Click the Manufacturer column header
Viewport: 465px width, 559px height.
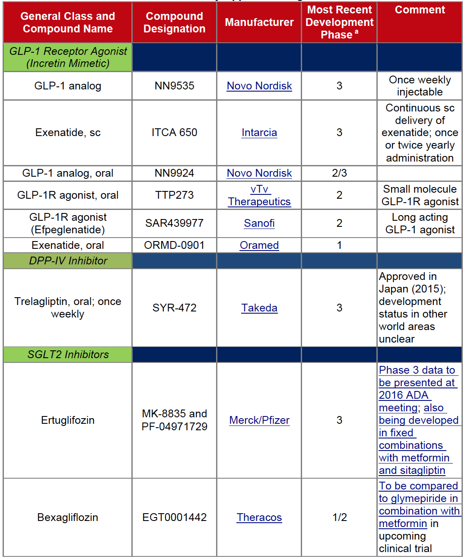tap(259, 22)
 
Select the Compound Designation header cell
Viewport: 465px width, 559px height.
tap(175, 22)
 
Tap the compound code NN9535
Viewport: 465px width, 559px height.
tap(175, 86)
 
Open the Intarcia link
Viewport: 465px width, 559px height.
tap(259, 133)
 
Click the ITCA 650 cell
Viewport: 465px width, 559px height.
tap(175, 133)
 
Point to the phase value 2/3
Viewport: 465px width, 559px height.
tap(339, 173)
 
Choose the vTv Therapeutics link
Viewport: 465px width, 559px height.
tap(259, 195)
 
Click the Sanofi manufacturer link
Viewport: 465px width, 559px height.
tap(259, 223)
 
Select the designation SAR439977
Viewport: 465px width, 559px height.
tap(175, 223)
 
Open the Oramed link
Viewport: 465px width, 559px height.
tap(259, 245)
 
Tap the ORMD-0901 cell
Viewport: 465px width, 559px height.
tap(175, 245)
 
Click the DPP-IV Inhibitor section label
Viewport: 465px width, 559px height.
tap(68, 261)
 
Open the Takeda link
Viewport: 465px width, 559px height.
tap(259, 308)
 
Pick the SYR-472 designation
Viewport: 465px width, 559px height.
tap(175, 308)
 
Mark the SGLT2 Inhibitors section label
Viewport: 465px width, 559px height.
tap(68, 355)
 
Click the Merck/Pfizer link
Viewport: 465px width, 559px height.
tap(259, 420)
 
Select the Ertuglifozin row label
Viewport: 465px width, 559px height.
tap(68, 420)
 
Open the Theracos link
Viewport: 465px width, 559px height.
tap(259, 518)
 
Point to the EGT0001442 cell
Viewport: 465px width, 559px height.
tap(175, 518)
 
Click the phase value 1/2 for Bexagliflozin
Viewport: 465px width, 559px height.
tap(339, 518)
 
